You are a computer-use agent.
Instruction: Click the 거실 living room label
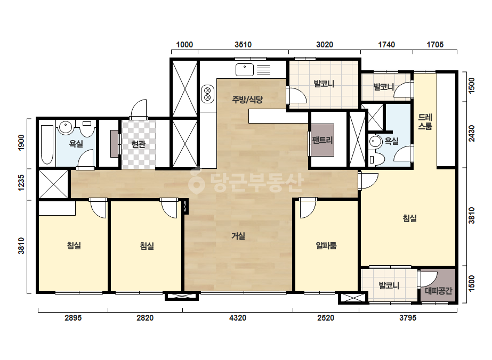[238, 236]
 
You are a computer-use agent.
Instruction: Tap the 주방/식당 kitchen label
[247, 100]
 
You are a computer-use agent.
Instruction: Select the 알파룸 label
[326, 245]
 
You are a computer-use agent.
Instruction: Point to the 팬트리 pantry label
[322, 140]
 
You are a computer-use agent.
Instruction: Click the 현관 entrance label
[139, 144]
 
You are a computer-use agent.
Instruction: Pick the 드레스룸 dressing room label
[425, 121]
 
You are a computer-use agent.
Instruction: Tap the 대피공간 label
[438, 291]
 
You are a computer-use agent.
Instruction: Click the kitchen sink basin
[245, 70]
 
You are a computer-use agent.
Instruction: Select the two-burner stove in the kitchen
[207, 94]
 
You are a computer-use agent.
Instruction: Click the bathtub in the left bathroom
[47, 144]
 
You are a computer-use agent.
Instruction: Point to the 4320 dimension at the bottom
[238, 318]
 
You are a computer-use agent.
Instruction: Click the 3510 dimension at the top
[243, 45]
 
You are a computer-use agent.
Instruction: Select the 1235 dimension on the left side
[21, 183]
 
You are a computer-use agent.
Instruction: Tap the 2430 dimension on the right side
[472, 133]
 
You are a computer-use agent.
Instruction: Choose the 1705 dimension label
[435, 45]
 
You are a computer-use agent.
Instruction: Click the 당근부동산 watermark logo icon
[196, 181]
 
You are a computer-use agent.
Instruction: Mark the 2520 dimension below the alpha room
[326, 318]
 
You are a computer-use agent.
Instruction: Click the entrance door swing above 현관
[139, 110]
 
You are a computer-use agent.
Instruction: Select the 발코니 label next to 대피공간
[389, 285]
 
